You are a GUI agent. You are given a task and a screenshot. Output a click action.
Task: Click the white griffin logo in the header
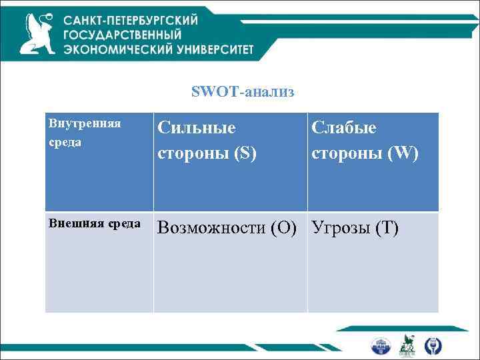(x=38, y=33)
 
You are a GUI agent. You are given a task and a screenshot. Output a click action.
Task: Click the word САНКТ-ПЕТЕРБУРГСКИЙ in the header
(x=131, y=21)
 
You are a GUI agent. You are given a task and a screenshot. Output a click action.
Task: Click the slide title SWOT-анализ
(x=242, y=91)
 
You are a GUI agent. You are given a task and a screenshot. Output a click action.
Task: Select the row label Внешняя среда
(x=94, y=223)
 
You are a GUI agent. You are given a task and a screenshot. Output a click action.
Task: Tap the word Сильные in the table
(x=197, y=128)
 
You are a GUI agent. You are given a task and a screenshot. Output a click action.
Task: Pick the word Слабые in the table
(x=344, y=128)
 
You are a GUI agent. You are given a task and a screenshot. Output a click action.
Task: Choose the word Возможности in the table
(x=212, y=229)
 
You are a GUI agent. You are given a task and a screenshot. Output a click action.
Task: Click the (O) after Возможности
(x=285, y=229)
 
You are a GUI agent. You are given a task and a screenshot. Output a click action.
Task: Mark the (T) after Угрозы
(x=387, y=229)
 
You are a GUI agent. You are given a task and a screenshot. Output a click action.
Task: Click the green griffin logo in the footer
(x=407, y=345)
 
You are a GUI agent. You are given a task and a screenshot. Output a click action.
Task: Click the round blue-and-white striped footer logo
(x=381, y=345)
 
